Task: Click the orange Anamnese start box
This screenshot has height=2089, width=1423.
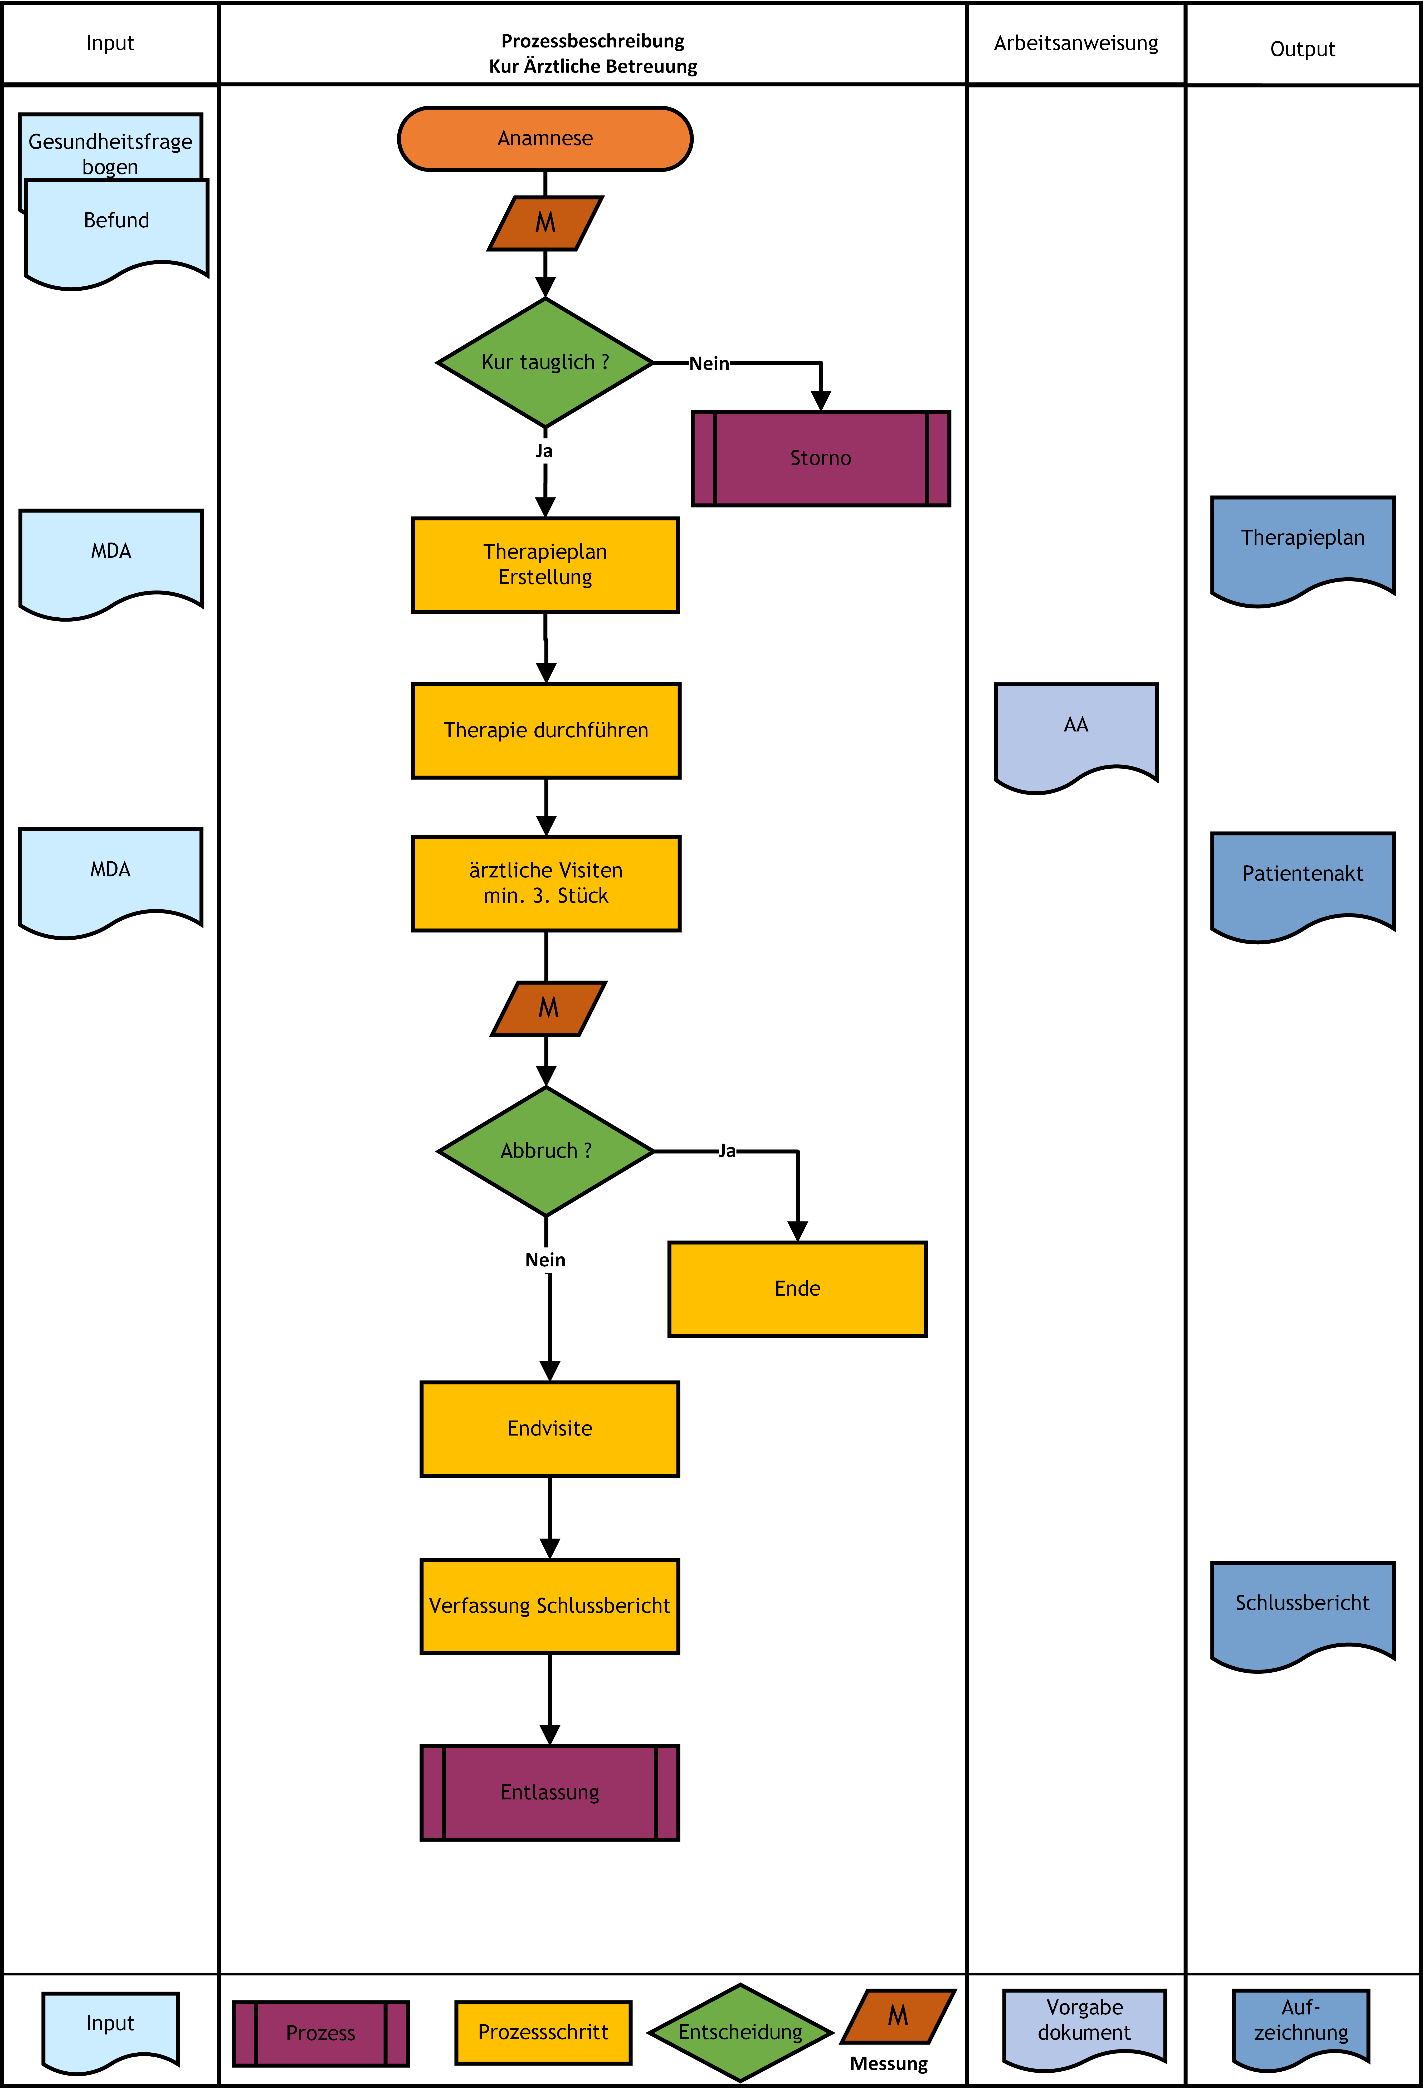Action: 545,138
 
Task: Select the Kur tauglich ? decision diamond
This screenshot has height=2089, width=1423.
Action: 545,362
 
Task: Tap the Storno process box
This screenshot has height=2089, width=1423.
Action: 821,458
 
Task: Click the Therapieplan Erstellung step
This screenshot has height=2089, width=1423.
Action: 545,564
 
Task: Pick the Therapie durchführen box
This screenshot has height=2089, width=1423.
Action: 546,730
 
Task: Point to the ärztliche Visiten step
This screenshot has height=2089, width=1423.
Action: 546,883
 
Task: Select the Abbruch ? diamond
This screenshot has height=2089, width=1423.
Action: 546,1151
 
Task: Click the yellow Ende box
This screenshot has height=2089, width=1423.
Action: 797,1289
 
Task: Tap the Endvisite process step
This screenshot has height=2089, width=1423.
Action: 549,1428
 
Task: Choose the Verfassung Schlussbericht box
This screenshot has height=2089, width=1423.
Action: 549,1605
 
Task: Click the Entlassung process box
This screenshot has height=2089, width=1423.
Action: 549,1792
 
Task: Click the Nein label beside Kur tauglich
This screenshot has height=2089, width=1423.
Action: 709,363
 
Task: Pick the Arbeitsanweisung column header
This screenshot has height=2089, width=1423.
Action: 1076,43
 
